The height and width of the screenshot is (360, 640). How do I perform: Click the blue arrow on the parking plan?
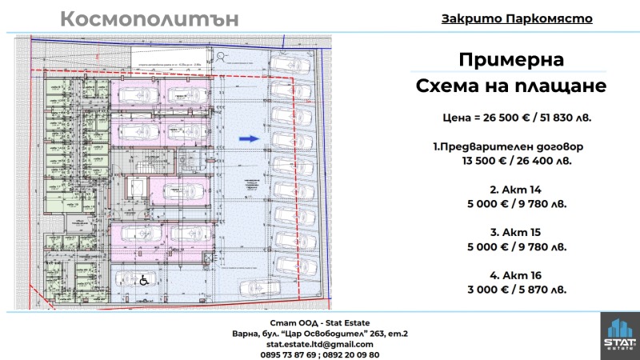[249, 138]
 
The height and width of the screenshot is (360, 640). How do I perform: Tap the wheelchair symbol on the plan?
[146, 280]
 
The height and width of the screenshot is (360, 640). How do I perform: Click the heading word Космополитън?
[150, 20]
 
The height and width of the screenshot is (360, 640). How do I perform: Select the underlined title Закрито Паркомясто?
[517, 18]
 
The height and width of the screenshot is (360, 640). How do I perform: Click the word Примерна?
[511, 61]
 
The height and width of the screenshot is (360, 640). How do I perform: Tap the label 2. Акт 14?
[511, 190]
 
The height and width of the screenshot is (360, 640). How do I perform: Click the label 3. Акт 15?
[511, 233]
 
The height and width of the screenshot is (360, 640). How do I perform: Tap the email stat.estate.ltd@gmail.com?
[319, 343]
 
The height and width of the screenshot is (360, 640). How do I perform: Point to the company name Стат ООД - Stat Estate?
[319, 322]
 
